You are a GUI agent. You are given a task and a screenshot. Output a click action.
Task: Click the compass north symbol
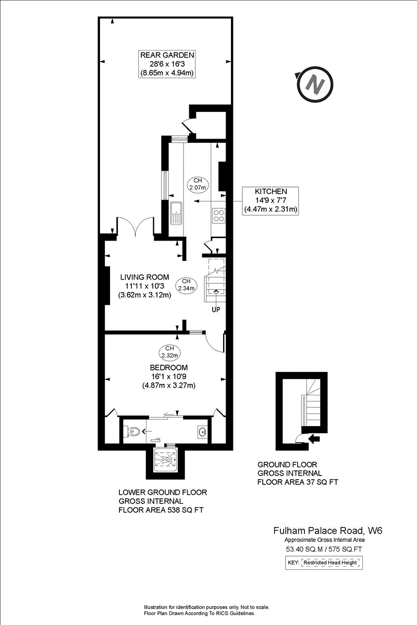click(315, 82)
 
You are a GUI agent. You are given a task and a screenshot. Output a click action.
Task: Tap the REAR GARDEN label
click(167, 55)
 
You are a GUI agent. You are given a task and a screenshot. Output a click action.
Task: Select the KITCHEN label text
click(271, 191)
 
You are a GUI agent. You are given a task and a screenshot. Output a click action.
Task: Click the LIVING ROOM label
click(144, 277)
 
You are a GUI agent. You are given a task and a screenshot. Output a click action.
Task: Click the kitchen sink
click(176, 213)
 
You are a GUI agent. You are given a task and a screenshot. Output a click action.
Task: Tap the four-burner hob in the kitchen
click(218, 214)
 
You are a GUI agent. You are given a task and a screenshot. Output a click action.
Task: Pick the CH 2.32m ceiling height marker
click(169, 352)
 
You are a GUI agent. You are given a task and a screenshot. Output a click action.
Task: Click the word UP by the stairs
click(216, 310)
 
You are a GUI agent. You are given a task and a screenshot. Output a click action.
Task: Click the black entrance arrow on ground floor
click(314, 439)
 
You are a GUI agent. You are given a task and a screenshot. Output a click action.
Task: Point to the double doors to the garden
click(134, 227)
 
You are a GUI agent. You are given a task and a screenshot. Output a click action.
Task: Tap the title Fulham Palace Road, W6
click(328, 531)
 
